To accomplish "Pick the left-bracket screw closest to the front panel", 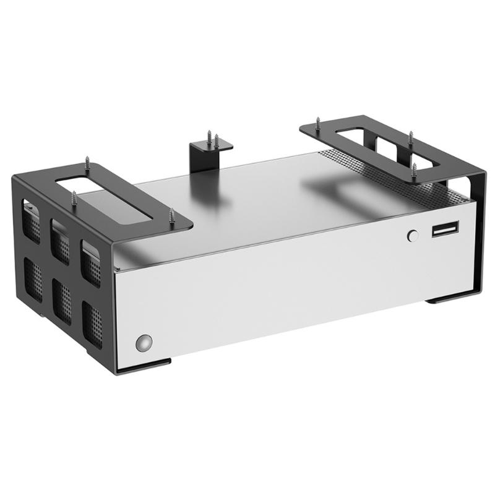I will point(171,217).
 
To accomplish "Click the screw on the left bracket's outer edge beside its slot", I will point(75,199).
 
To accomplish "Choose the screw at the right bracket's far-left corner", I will point(316,122).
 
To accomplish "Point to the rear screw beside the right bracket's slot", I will point(410,139).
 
